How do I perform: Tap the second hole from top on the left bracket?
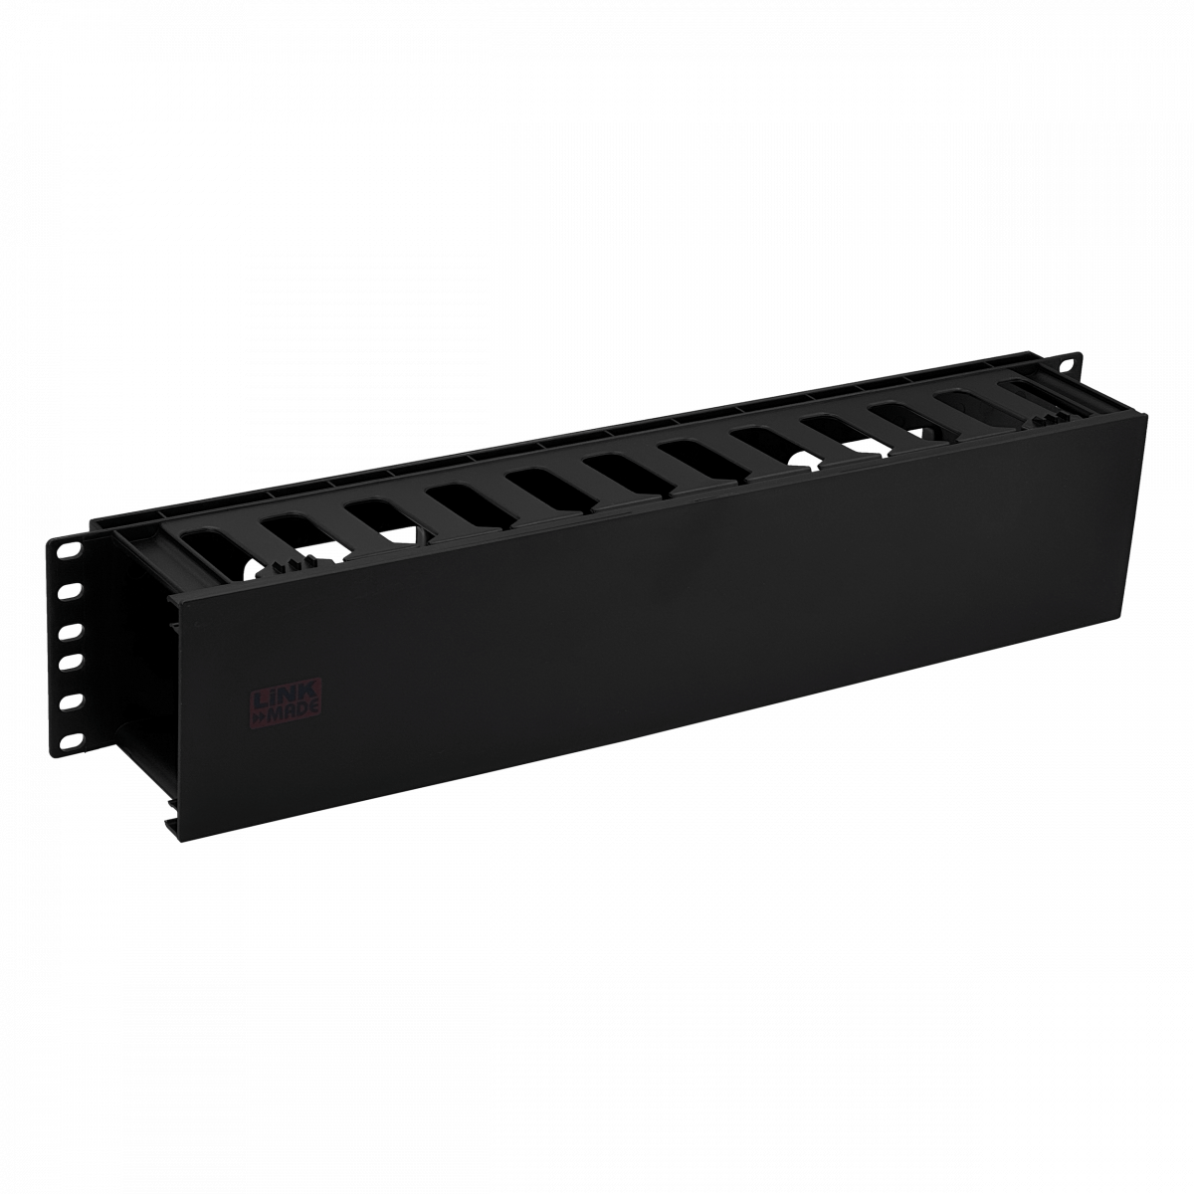tap(69, 588)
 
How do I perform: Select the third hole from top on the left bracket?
tap(70, 630)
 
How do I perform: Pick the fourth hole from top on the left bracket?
tap(69, 661)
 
